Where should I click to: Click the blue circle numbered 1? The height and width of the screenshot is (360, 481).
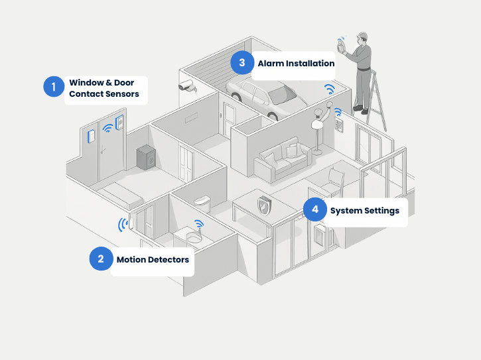[54, 86]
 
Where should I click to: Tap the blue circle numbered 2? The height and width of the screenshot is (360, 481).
[101, 259]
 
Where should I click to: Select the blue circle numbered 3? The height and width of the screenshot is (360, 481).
[242, 63]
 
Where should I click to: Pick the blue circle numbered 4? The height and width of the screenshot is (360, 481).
[314, 210]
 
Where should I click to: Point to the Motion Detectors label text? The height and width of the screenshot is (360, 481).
[153, 259]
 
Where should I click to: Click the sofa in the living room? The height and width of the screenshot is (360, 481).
[282, 161]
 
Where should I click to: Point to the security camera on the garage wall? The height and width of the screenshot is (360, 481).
[185, 86]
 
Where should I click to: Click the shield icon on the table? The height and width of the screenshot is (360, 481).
[263, 206]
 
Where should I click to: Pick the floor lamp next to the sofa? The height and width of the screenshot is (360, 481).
[318, 129]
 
